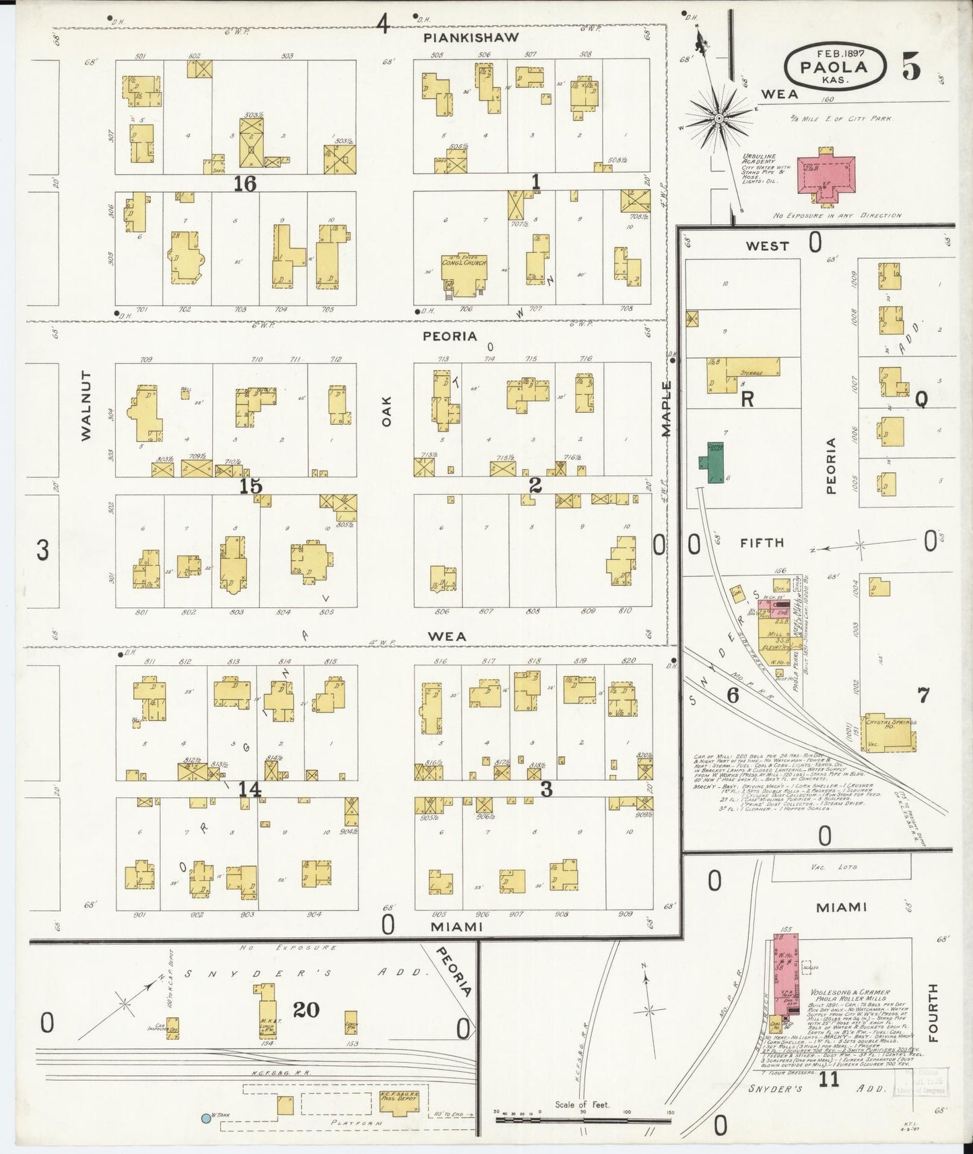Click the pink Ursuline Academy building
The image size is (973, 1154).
pyautogui.click(x=826, y=176)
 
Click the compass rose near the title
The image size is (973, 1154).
pyautogui.click(x=718, y=118)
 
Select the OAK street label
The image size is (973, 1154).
pyautogui.click(x=386, y=410)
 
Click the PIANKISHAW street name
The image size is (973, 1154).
pyautogui.click(x=471, y=38)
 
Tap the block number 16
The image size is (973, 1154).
pyautogui.click(x=244, y=183)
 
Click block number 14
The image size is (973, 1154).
pyautogui.click(x=250, y=788)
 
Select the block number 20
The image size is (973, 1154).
pyautogui.click(x=306, y=1009)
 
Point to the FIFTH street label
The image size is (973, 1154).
pyautogui.click(x=763, y=542)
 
